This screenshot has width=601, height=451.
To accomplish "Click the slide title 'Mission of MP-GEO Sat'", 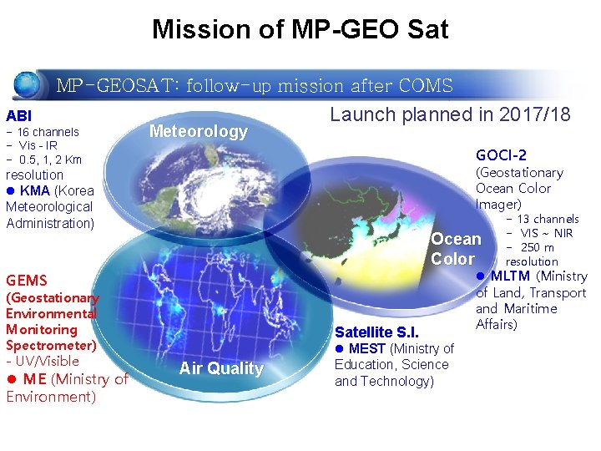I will pos(300,30).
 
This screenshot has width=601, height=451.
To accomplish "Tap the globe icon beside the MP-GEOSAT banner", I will pos(28,85).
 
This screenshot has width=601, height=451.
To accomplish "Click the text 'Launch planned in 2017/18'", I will pos(450,114).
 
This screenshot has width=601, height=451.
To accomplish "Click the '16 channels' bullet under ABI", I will pos(48,132).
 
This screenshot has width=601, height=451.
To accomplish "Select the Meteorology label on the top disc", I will pos(198,131).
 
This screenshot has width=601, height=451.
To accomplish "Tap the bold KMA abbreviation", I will pos(35,190).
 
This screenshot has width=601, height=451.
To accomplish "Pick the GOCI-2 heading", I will pos(501,155).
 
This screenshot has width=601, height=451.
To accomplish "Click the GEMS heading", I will pos(27,281).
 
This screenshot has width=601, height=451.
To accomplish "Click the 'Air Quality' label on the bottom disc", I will pos(221,368).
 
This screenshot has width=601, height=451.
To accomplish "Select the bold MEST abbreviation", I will pos(367,348).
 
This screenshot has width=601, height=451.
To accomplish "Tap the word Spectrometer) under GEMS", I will pos(51,345).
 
